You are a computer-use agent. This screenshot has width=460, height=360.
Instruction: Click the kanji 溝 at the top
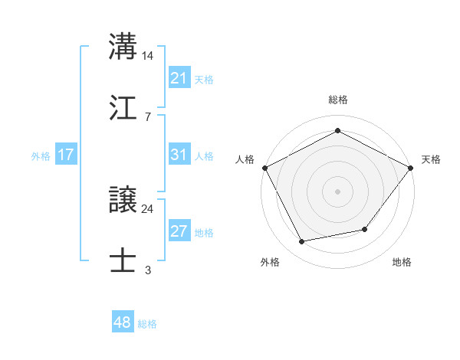click(x=123, y=46)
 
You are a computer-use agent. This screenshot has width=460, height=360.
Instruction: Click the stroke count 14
click(x=148, y=56)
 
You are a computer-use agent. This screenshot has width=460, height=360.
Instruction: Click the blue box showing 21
click(x=179, y=78)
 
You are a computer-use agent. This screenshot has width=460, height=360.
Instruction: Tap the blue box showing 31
click(x=179, y=155)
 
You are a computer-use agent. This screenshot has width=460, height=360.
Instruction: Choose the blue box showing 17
click(x=65, y=155)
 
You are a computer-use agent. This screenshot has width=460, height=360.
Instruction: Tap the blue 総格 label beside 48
click(x=147, y=324)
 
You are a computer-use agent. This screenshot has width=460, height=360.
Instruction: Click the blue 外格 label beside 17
click(x=41, y=155)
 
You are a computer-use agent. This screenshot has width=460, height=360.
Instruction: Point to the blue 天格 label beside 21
click(x=204, y=79)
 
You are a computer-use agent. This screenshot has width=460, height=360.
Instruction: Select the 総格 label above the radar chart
click(x=337, y=100)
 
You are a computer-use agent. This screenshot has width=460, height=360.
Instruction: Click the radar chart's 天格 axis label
click(x=432, y=159)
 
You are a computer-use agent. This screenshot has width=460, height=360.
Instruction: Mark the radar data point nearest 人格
click(x=264, y=167)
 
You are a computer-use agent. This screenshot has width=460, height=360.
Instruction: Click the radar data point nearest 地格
click(x=365, y=229)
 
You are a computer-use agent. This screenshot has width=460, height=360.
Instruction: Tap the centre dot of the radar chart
click(x=337, y=191)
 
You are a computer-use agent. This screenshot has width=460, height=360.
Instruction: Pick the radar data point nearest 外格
click(x=302, y=242)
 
